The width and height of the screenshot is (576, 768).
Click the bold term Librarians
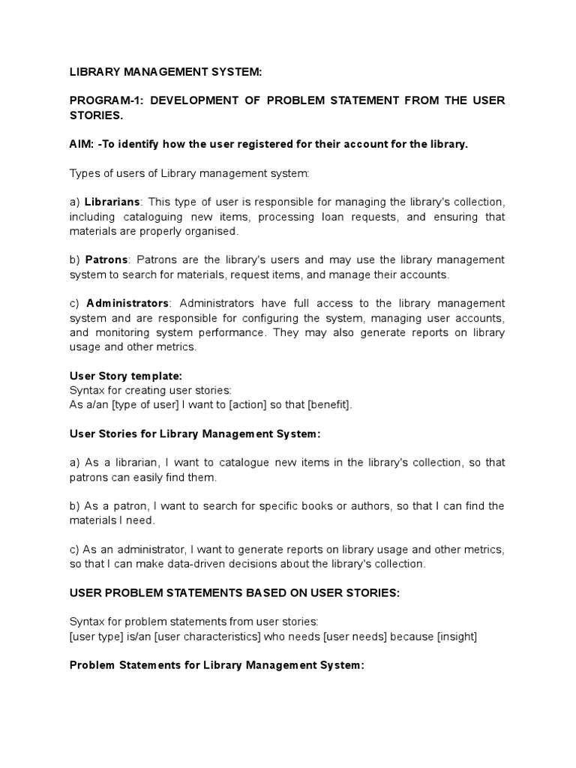click(x=112, y=202)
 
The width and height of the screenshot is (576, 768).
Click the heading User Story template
click(x=125, y=376)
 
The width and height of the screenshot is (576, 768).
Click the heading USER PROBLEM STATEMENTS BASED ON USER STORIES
click(x=235, y=592)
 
